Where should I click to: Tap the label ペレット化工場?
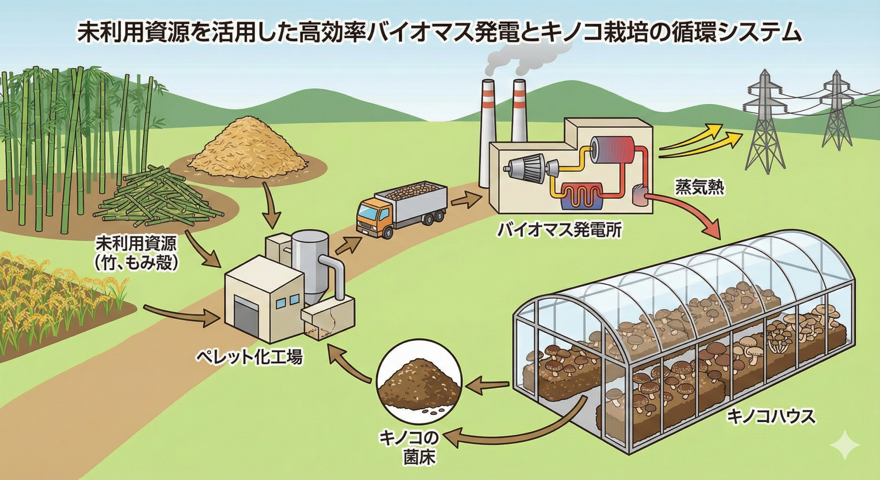pyautogui.click(x=249, y=348)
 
